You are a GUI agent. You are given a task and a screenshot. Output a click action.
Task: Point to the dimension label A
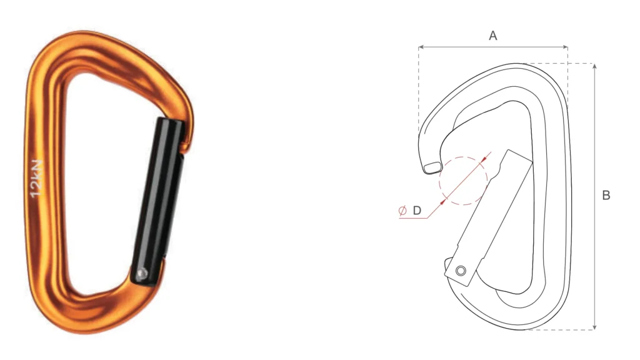click(x=492, y=36)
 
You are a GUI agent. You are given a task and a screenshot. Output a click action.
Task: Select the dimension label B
click(x=606, y=196)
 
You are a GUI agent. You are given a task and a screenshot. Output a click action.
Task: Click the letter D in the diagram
click(x=417, y=211)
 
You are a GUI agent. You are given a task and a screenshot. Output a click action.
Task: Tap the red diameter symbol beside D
click(x=402, y=211)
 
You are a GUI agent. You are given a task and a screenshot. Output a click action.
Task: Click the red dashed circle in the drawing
click(x=463, y=181)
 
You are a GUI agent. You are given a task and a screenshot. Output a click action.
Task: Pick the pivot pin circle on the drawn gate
click(x=461, y=271)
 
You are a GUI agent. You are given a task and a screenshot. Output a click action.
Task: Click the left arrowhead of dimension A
click(x=421, y=47)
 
